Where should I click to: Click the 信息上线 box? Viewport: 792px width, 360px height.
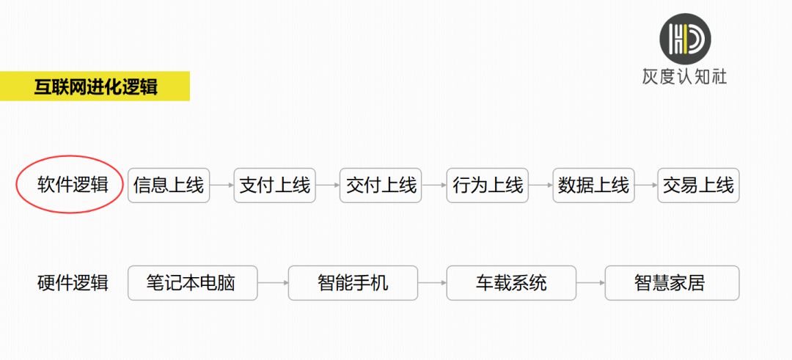(169, 185)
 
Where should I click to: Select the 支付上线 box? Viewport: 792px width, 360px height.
(275, 185)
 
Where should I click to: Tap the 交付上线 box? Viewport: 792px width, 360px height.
(381, 185)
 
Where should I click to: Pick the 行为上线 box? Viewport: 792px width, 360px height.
(488, 185)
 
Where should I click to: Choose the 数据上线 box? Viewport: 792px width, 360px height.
(593, 185)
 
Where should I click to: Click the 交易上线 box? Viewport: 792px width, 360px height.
(699, 185)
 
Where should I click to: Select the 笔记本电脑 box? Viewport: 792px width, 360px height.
(192, 283)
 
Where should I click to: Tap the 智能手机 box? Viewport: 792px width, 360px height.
(353, 283)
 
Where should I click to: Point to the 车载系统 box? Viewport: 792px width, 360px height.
(511, 283)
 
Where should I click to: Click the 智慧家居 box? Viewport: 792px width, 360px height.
(672, 283)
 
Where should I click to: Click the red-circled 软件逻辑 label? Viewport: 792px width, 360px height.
(73, 185)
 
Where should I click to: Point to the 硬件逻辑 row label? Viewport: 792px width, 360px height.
(73, 283)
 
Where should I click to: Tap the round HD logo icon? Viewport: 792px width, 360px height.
(686, 39)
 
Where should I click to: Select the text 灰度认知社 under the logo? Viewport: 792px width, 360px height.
(685, 77)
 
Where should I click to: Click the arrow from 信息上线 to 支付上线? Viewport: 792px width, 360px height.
(221, 185)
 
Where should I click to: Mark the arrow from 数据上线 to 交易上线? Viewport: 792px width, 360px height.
(646, 185)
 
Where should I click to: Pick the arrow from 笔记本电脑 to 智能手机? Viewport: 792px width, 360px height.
(273, 283)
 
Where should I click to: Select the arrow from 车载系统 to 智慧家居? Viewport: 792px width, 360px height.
(590, 283)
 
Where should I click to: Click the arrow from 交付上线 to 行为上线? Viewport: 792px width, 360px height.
(434, 185)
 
